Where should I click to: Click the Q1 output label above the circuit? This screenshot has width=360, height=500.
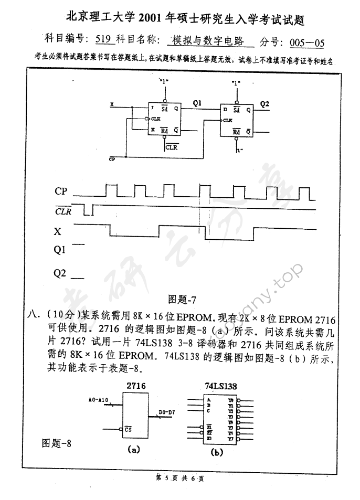[x=197, y=103]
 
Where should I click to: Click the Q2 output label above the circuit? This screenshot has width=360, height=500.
[x=264, y=104]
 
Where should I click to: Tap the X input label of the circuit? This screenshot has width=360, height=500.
[x=112, y=104]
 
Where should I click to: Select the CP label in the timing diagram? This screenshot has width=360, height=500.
[x=61, y=192]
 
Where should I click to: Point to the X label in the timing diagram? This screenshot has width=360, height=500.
[x=57, y=231]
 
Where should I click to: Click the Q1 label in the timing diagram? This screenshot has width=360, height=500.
[x=60, y=250]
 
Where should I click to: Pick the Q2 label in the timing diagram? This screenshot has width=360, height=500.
[x=60, y=273]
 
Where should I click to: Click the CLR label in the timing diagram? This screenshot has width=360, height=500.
[x=63, y=211]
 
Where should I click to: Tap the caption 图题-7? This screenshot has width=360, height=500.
[x=182, y=300]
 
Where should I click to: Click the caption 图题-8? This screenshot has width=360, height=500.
[x=56, y=443]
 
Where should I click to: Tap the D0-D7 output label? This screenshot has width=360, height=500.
[x=167, y=412]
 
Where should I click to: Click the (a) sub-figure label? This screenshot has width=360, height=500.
[x=133, y=449]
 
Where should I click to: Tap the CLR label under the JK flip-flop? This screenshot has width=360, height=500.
[x=171, y=147]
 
